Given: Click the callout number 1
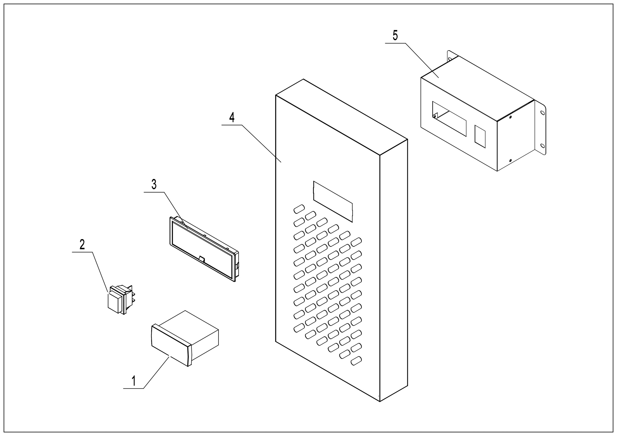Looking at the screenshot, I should (134, 381).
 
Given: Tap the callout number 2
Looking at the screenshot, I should (82, 244).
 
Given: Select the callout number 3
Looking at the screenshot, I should (154, 185).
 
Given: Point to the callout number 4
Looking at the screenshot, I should (232, 117).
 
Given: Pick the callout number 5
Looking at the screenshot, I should (395, 36).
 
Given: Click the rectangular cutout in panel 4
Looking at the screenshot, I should (333, 201).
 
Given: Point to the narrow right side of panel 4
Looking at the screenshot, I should (394, 269).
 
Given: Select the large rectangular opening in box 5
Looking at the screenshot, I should (449, 118).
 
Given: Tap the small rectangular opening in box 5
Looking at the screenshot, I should (480, 136).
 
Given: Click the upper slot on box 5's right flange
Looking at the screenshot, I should (542, 113).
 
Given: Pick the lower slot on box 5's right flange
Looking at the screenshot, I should (542, 146).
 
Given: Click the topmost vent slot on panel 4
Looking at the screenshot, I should (299, 209).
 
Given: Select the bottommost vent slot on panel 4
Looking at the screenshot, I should (356, 361).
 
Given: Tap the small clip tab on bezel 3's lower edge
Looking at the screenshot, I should (202, 259).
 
